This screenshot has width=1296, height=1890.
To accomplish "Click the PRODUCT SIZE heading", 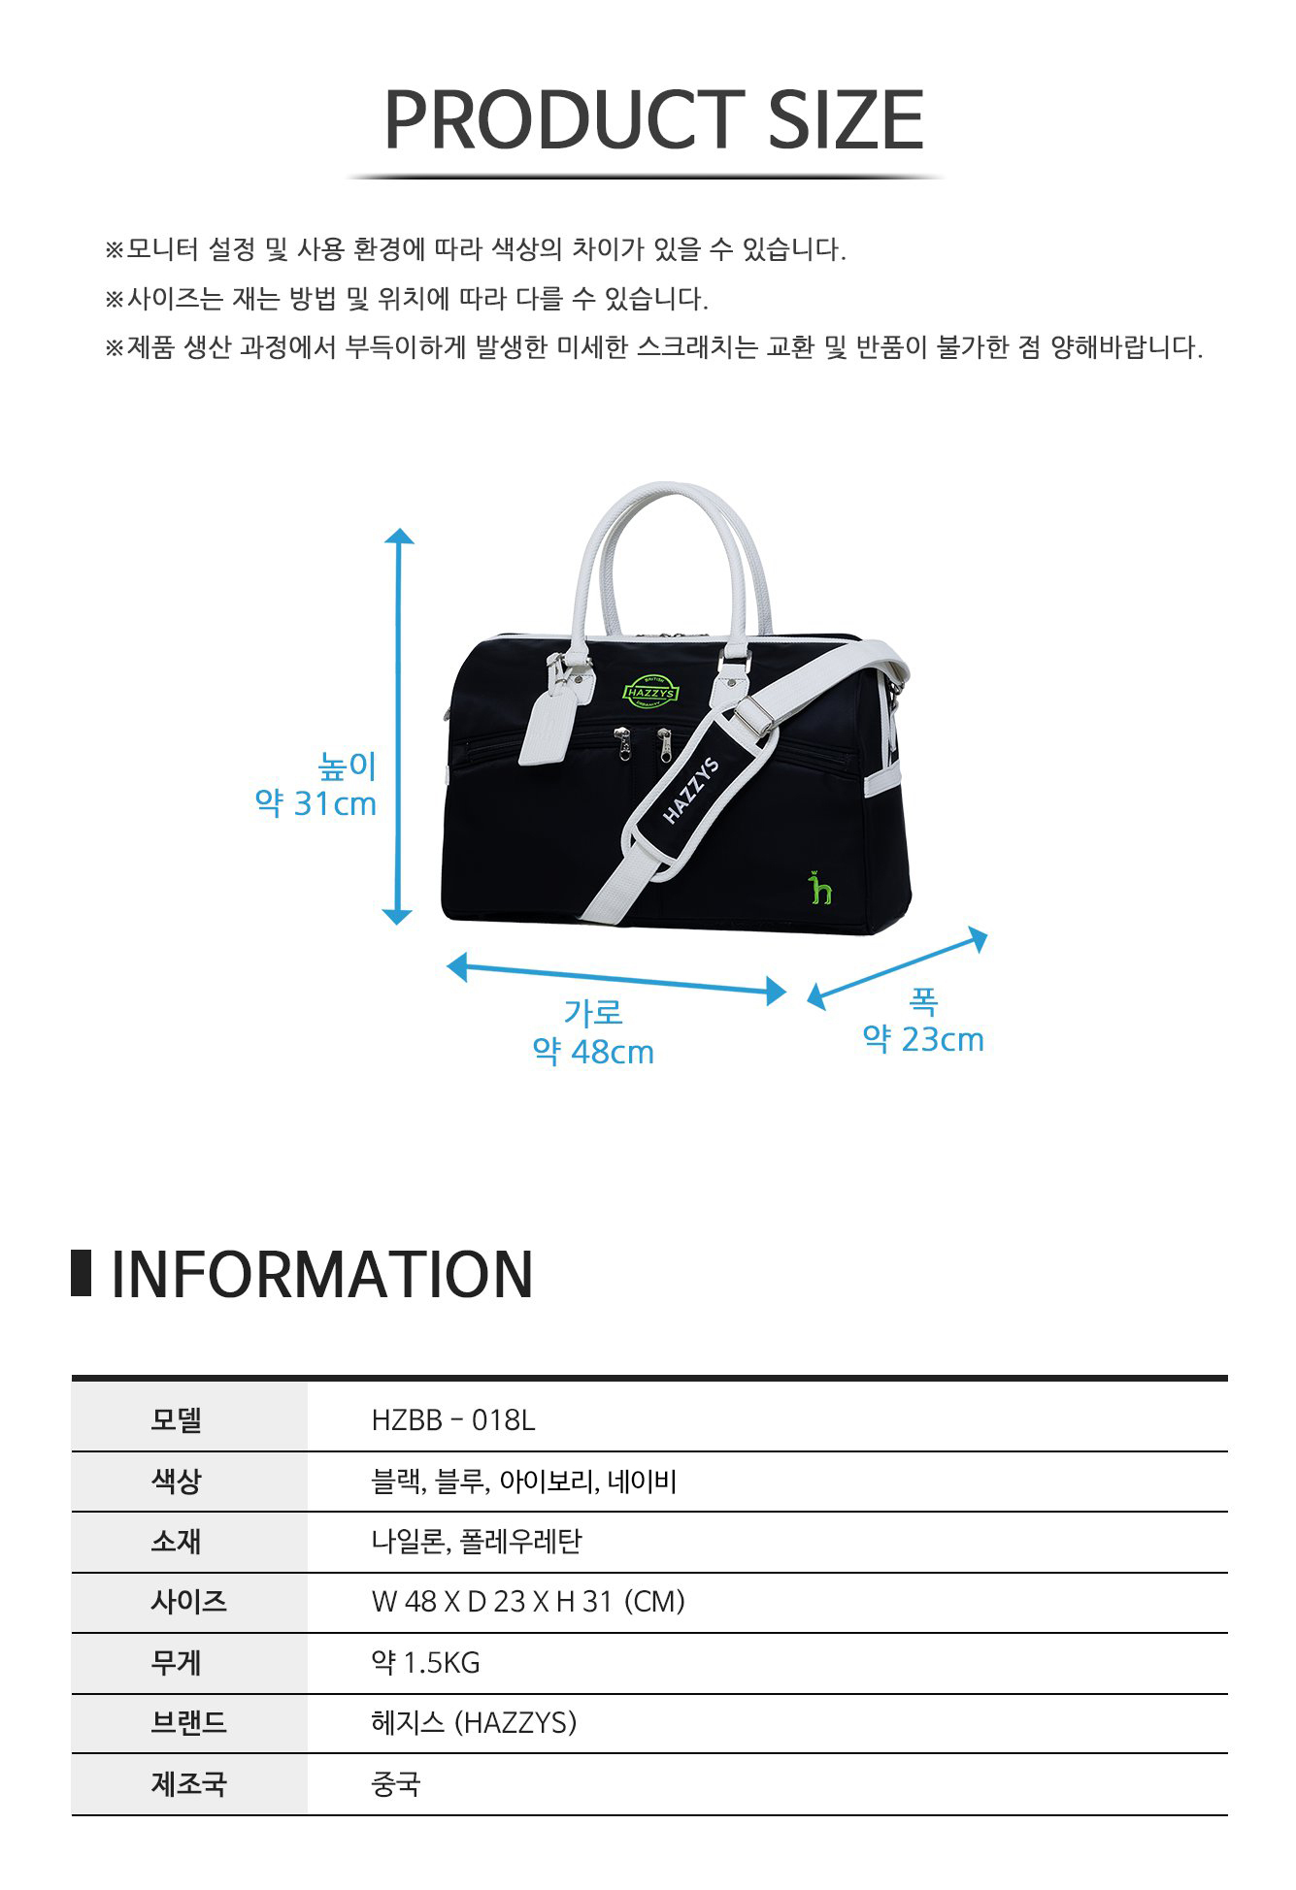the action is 653,120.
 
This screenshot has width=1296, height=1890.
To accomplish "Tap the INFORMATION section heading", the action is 322,1274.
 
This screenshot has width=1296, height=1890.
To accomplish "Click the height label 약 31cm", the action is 316,804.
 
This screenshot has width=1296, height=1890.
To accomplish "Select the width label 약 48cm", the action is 593,1052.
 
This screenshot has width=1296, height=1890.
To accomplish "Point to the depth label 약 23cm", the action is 923,1039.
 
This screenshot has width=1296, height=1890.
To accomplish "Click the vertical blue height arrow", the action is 398,727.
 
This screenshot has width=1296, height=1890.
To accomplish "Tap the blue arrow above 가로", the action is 616,979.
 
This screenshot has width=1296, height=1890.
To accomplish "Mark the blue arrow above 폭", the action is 897,969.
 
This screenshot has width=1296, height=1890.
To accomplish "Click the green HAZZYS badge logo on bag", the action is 650,691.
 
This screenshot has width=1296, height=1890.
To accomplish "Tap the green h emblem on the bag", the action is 821,887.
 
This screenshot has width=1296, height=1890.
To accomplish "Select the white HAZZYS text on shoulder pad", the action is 691,790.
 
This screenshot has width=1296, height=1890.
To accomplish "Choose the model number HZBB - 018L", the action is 453,1420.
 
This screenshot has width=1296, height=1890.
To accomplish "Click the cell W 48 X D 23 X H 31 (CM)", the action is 528,1602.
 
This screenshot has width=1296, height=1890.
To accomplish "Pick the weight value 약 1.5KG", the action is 425,1663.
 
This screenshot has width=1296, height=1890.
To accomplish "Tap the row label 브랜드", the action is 188,1723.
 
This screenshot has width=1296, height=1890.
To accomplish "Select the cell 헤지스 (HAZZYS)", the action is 474,1723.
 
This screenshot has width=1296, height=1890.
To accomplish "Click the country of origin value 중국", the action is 396,1784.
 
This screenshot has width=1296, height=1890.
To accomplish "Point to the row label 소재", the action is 176,1542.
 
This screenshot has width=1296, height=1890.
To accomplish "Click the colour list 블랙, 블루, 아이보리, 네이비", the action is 524,1482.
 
